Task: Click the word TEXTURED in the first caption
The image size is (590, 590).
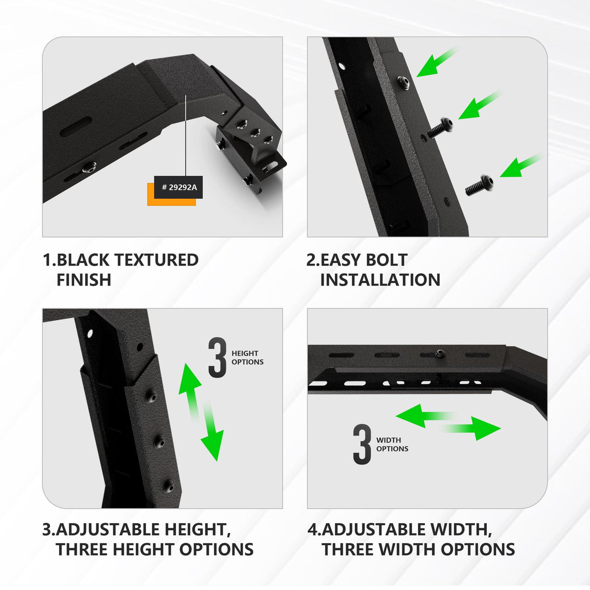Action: tap(156, 260)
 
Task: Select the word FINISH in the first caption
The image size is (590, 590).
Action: tap(84, 280)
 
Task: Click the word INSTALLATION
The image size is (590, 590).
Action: tap(380, 280)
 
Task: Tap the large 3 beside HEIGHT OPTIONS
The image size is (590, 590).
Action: tap(217, 357)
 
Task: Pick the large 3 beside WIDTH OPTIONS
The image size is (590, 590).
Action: tap(362, 444)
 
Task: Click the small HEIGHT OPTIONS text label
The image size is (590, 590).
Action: tap(247, 357)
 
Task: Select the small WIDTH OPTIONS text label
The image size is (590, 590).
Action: tap(392, 444)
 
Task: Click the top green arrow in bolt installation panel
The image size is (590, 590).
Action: tap(436, 63)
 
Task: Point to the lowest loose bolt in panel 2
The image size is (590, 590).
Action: tap(480, 185)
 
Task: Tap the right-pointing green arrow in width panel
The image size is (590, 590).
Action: tap(472, 428)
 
